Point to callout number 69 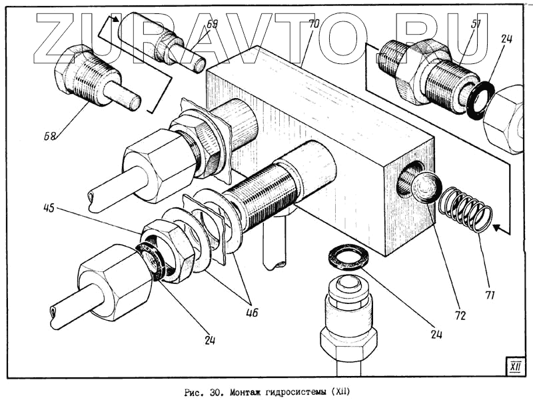coord(212,25)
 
